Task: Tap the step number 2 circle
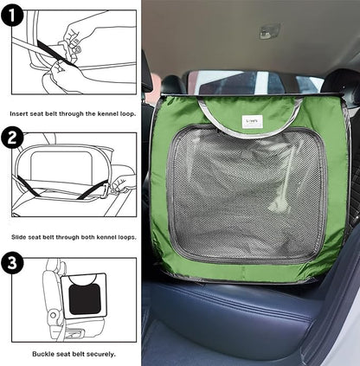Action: click(x=12, y=138)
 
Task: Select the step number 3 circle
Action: click(x=12, y=263)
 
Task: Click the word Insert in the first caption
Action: click(x=19, y=113)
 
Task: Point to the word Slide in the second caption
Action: click(x=18, y=237)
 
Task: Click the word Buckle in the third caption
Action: click(x=42, y=354)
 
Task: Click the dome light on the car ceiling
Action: click(x=269, y=31)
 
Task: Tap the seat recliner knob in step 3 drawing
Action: click(x=54, y=315)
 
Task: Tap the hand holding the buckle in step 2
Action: click(x=123, y=184)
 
